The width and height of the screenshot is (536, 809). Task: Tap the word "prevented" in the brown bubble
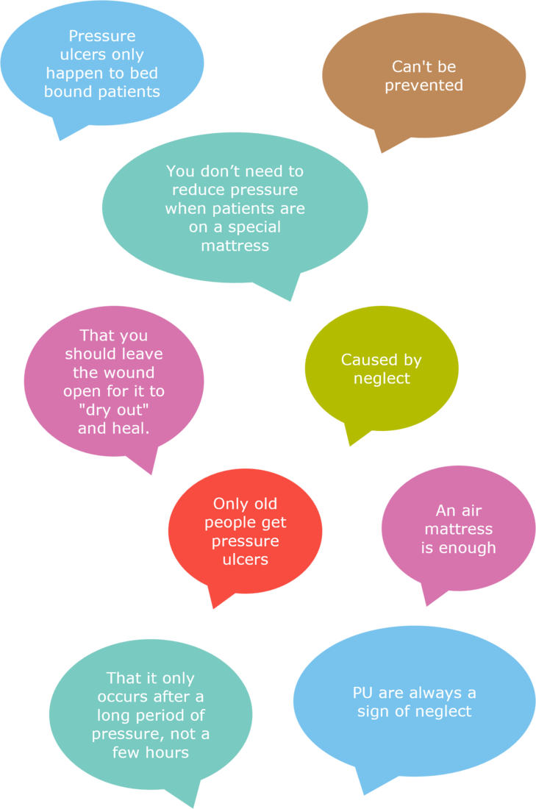click(424, 85)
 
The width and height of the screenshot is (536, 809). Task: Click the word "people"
click(226, 523)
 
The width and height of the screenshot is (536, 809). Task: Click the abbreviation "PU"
click(362, 693)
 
